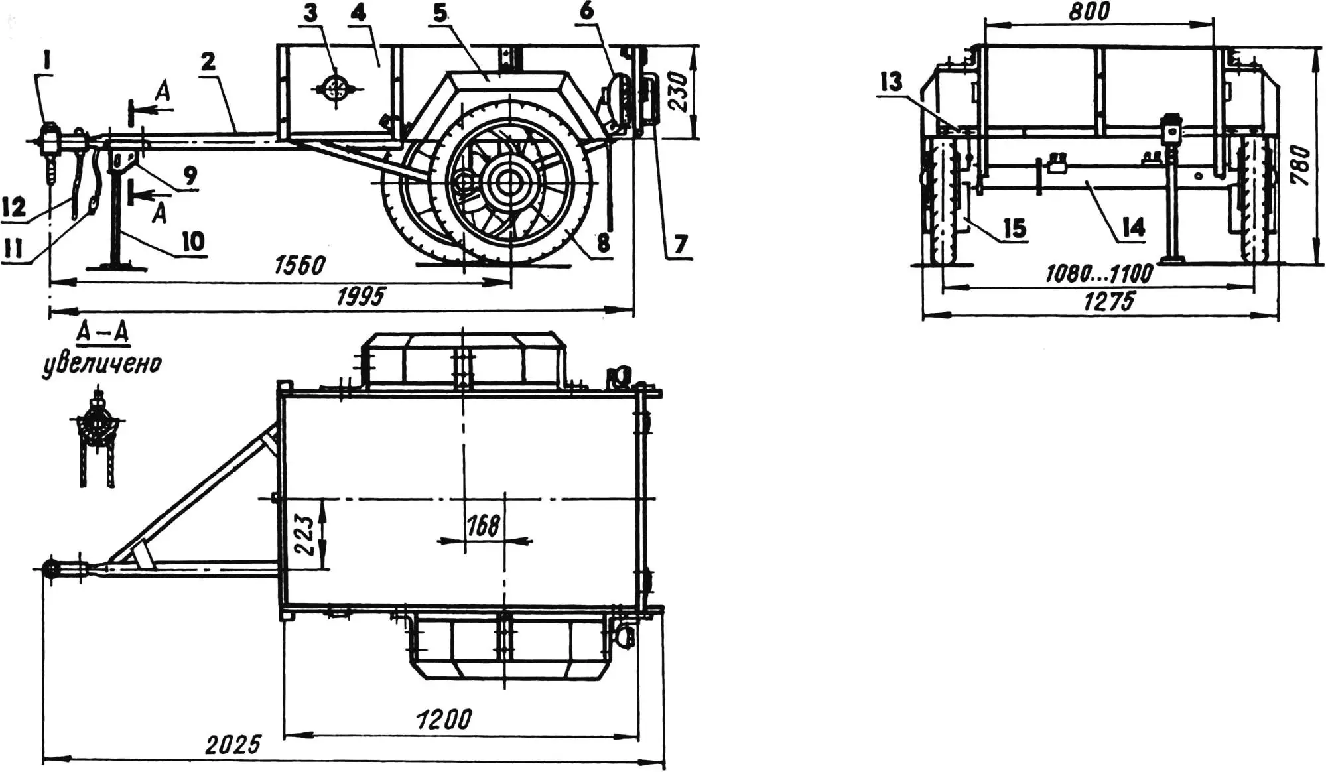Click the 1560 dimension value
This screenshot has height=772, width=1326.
[300, 265]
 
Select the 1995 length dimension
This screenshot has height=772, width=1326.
[360, 296]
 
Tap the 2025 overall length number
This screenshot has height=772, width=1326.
[233, 744]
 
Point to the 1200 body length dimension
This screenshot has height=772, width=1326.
[443, 720]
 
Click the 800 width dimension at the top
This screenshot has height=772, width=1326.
[1089, 11]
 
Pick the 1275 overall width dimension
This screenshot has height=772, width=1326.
[1108, 302]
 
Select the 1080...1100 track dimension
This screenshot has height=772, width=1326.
[1099, 273]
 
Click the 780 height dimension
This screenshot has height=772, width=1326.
[1301, 165]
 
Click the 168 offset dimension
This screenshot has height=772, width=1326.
[483, 526]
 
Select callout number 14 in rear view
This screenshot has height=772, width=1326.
[1133, 227]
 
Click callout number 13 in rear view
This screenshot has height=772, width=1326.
[891, 81]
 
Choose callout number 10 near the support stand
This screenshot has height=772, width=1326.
[193, 241]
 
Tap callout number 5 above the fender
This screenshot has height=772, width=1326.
[440, 13]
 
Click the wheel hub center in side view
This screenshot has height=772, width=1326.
[509, 180]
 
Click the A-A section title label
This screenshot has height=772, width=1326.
[103, 332]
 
